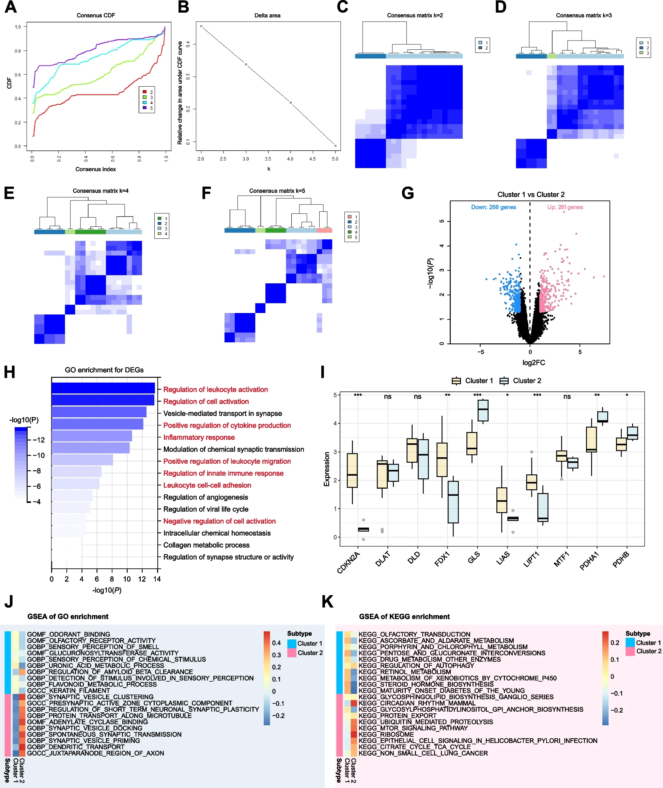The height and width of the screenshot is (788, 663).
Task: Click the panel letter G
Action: coord(407,193)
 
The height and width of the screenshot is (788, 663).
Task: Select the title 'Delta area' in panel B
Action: coord(267,15)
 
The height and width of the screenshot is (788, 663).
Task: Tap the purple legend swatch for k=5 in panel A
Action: coord(145,108)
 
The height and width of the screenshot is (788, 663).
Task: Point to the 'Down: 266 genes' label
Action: coord(493,207)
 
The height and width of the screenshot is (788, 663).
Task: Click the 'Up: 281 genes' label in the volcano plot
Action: coord(565,207)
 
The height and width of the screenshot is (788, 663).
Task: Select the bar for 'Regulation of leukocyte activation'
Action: coord(103,388)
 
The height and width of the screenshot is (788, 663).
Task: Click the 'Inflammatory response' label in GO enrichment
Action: coord(199,437)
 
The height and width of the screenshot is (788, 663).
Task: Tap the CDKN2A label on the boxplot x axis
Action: coord(349,562)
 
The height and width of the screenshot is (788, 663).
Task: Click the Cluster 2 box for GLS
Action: coord(483,410)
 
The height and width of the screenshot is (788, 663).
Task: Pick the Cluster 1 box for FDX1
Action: coord(442,460)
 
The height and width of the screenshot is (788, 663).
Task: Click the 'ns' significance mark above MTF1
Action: coord(567,397)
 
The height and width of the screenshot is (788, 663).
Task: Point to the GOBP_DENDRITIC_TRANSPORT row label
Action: coord(76,747)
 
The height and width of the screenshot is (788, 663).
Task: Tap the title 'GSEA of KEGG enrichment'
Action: coord(404,616)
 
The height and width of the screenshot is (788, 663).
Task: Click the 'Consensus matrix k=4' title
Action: coord(101,191)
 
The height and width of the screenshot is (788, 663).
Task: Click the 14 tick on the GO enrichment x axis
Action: coord(157,579)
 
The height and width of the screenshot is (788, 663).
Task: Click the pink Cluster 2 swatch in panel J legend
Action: coord(292,653)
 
